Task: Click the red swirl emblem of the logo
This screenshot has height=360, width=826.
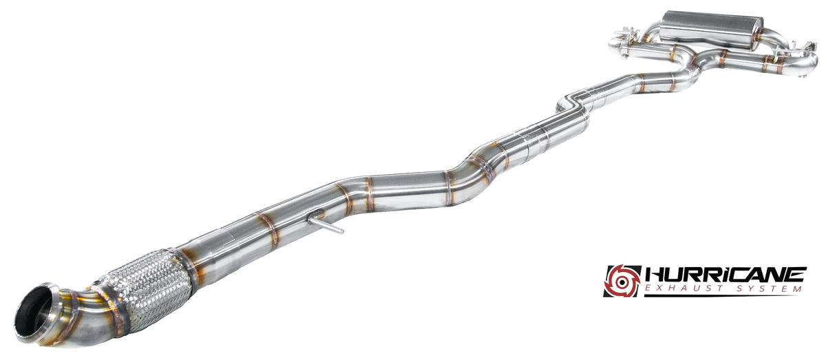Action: coord(622,281)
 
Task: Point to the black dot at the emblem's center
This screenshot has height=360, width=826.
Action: coord(622,282)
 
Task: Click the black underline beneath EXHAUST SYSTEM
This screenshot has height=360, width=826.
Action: coord(721,295)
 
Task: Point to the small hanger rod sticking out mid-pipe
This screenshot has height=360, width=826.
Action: coord(325,224)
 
